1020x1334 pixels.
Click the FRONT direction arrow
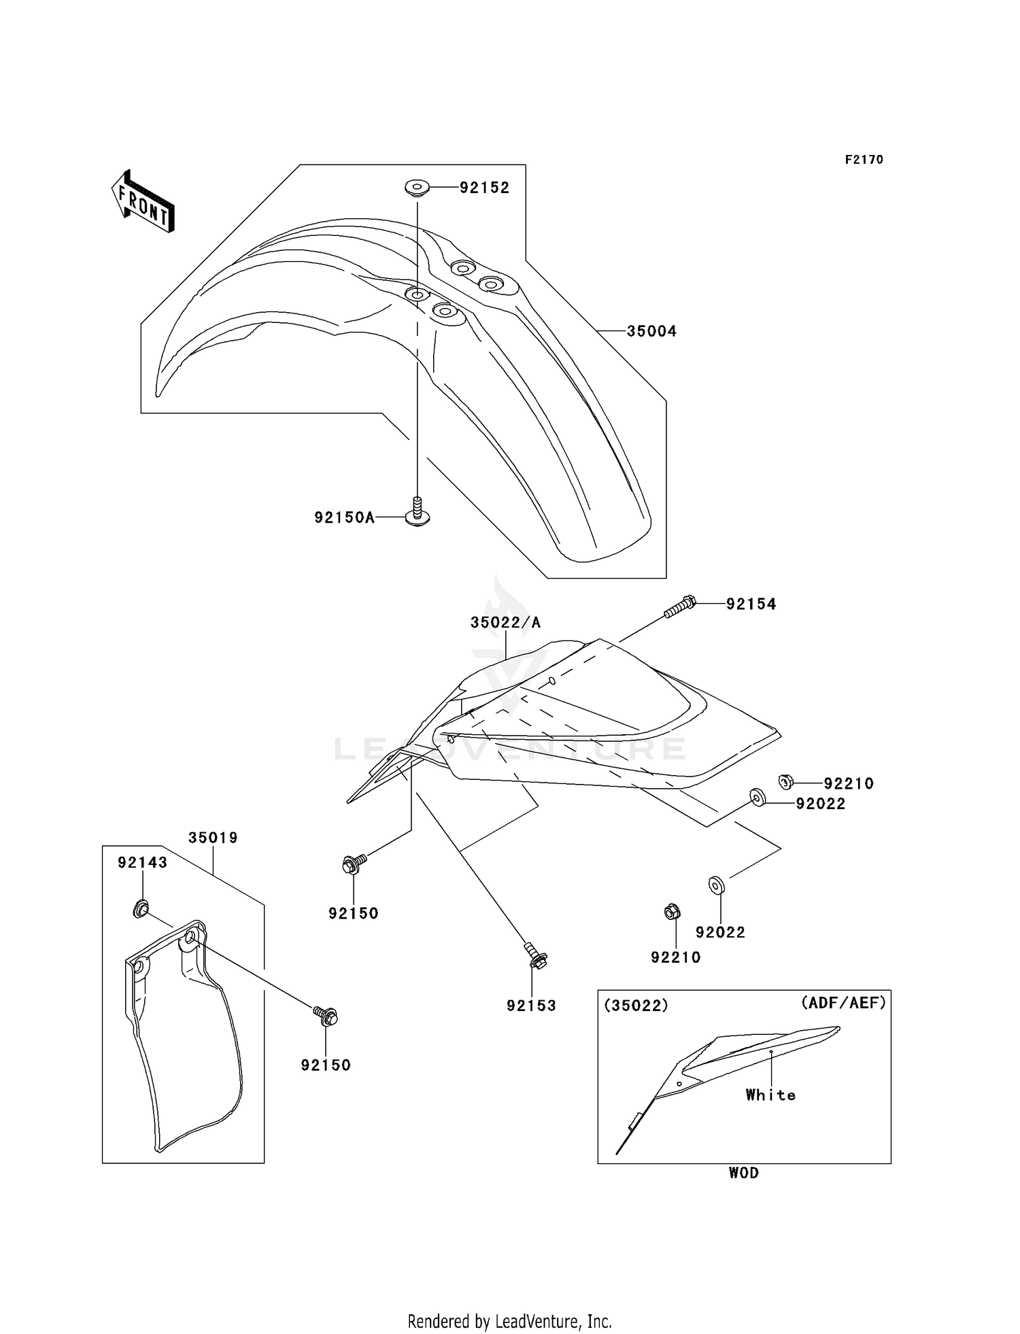point(143,201)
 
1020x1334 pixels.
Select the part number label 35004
point(651,331)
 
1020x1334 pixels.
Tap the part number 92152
point(484,188)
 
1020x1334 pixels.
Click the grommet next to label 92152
point(416,187)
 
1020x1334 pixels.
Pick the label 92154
point(751,604)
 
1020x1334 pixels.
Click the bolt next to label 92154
point(681,606)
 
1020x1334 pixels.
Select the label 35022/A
point(506,622)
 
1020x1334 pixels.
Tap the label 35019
point(213,838)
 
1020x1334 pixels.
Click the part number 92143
point(142,862)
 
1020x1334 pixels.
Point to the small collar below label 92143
point(141,908)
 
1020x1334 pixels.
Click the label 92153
point(531,1006)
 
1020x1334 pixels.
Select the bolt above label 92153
point(536,955)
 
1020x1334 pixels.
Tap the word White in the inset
point(770,1095)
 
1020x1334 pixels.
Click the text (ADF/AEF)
point(843,1002)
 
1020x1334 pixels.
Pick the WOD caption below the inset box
point(744,1173)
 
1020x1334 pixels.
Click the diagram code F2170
point(864,160)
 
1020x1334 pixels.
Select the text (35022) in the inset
point(636,1006)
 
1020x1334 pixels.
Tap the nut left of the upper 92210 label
point(785,782)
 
